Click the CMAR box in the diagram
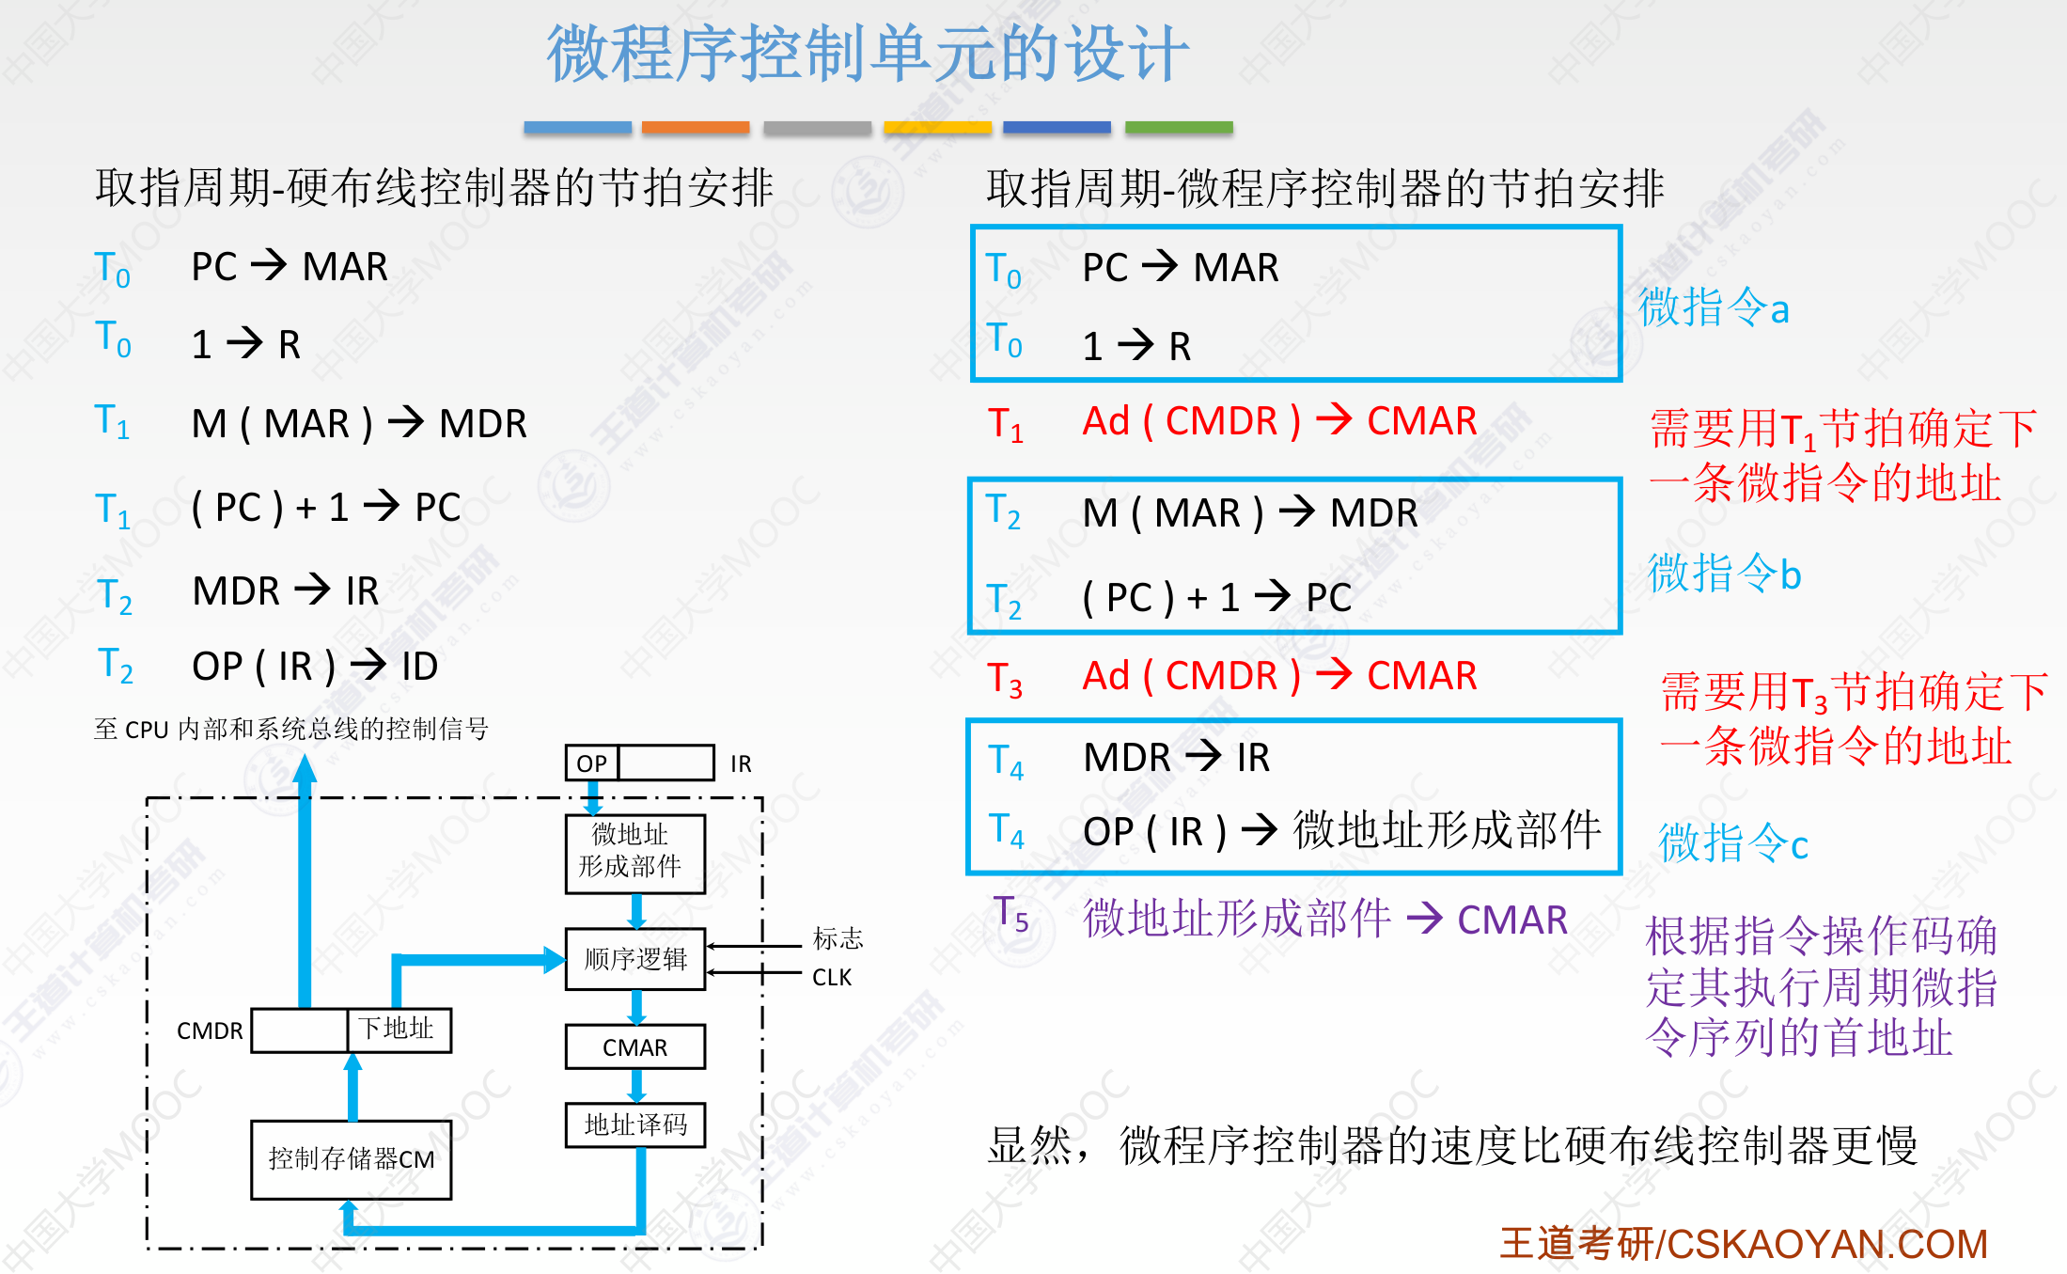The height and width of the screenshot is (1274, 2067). pos(635,1046)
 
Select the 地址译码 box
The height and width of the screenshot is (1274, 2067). pos(635,1125)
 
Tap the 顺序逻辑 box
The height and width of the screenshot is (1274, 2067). pos(635,959)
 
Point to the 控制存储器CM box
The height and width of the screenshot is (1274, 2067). pos(352,1159)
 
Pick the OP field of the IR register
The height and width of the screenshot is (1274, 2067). pos(592,763)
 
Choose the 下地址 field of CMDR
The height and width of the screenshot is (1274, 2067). pos(399,1030)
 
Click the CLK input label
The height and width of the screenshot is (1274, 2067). pos(832,978)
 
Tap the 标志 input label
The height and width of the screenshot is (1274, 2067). pos(838,938)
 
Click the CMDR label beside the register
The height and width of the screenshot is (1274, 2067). pos(210,1031)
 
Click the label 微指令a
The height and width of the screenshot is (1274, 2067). pos(1714,307)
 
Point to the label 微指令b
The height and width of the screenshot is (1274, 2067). pos(1725,573)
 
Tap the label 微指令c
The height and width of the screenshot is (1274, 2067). pos(1733,841)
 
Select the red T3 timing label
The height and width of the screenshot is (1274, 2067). pos(1005,679)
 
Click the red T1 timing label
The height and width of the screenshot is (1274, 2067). pos(1005,424)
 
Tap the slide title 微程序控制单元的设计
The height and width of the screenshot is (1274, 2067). pos(869,54)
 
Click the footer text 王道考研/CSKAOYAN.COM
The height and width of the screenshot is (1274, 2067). pos(1744,1244)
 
